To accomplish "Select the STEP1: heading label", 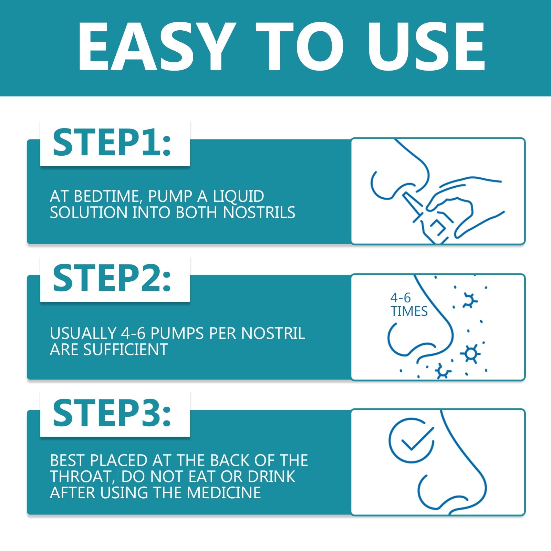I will pyautogui.click(x=112, y=143).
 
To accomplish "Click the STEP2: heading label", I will pyautogui.click(x=112, y=278).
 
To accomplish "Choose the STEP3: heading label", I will pyautogui.click(x=112, y=413).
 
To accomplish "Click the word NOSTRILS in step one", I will pyautogui.click(x=259, y=212).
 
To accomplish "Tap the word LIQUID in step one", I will pyautogui.click(x=238, y=196).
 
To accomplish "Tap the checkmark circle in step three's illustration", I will pyautogui.click(x=411, y=440).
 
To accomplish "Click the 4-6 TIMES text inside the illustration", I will pyautogui.click(x=408, y=305).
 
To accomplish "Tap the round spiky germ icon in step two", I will pyautogui.click(x=470, y=353).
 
